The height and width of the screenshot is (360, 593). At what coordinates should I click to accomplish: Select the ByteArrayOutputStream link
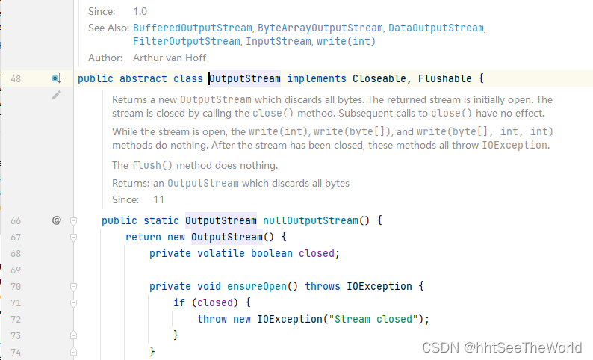pos(320,28)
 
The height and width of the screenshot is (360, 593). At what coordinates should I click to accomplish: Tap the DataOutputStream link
pos(435,28)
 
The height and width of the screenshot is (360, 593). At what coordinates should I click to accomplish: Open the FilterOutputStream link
pos(186,41)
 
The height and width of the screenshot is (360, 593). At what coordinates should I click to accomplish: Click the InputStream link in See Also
pos(279,41)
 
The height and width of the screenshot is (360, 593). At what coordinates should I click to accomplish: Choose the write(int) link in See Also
pos(346,41)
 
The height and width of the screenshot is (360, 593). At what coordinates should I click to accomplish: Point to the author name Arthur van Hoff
pos(168,58)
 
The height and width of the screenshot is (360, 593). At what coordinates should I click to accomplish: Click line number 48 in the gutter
pos(14,78)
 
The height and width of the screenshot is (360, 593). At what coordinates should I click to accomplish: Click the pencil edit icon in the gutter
pos(56,96)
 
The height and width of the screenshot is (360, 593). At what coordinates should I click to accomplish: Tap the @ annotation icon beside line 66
pos(56,220)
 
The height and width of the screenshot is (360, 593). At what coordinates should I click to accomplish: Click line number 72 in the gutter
pos(14,319)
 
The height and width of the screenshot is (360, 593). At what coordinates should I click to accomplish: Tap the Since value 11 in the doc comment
pos(158,199)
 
